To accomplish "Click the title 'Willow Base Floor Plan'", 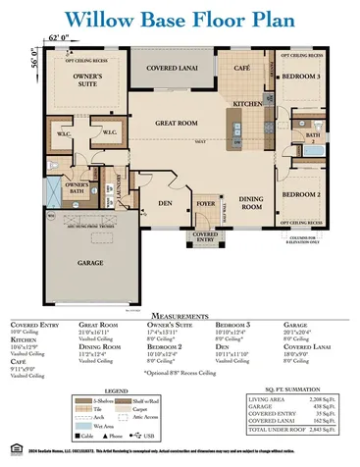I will tap(180, 18).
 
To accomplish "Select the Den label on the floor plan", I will tap(165, 204).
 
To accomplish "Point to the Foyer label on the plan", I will tap(205, 204).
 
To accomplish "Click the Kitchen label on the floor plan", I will tap(247, 103).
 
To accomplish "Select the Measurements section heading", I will tap(179, 315).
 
